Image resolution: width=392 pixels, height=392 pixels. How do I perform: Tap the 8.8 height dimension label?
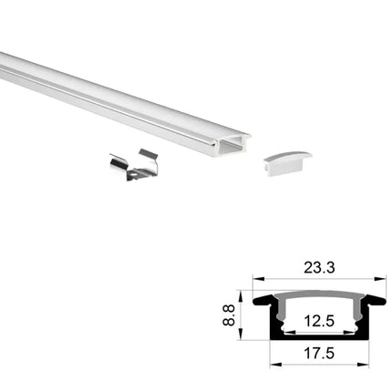[234, 315]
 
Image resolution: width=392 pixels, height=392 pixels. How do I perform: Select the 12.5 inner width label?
[320, 321]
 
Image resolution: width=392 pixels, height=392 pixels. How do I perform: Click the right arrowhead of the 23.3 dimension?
[383, 281]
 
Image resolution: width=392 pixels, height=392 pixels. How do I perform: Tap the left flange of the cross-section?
[265, 298]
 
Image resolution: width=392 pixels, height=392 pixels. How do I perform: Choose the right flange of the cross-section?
[376, 298]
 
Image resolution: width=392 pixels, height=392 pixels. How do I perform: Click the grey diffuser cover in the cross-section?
[320, 298]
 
